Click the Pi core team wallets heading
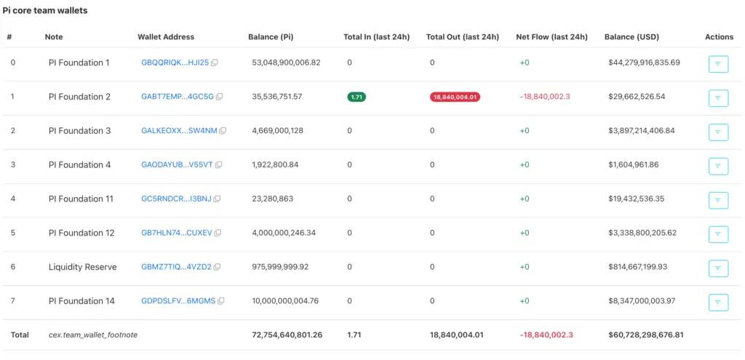coord(46,11)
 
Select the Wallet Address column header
coord(166,37)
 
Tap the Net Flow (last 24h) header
coord(551,37)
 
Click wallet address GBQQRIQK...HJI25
coord(175,63)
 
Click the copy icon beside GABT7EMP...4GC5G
coord(220,97)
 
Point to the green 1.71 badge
coord(356,97)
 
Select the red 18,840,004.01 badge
coord(455,97)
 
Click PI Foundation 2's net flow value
coord(545,97)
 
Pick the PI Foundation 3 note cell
coord(79,131)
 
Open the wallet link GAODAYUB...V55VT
coord(177,165)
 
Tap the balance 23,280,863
coord(273,199)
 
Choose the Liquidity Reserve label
coord(82,267)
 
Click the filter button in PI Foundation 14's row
coord(718,301)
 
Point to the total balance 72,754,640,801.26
coord(287,335)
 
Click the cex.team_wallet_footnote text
coord(93,335)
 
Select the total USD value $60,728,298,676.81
coord(645,335)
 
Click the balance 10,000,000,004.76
coord(285,301)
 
